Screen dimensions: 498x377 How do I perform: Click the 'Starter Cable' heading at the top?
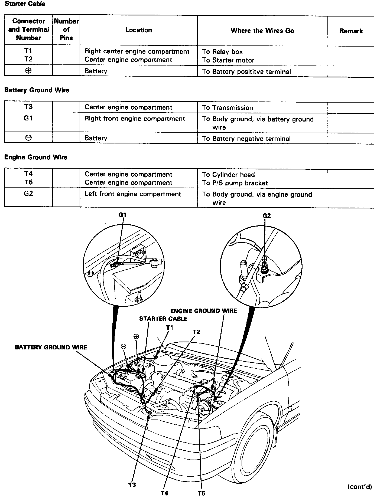[x=25, y=4]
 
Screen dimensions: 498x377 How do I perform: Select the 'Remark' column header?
[x=351, y=31]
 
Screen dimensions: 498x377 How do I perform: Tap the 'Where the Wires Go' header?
[x=262, y=31]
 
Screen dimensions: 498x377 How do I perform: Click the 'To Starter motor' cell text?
[x=228, y=60]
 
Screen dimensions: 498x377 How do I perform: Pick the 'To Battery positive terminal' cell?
[x=246, y=72]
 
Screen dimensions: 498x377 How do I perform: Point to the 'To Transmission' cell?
[x=227, y=108]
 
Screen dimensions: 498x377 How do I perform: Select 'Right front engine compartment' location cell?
[x=135, y=119]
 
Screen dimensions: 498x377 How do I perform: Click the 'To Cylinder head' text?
[x=228, y=175]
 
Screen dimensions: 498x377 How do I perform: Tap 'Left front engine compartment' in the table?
[x=133, y=194]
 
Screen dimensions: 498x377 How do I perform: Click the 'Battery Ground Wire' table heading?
[x=37, y=90]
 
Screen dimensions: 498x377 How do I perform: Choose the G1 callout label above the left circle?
[x=122, y=215]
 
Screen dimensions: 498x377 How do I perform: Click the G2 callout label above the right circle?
[x=266, y=215]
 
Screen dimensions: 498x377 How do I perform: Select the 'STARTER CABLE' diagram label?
[x=163, y=319]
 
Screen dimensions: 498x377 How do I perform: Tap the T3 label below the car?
[x=132, y=485]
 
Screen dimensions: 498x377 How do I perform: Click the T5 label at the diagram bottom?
[x=201, y=493]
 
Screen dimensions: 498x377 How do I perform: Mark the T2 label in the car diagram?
[x=196, y=332]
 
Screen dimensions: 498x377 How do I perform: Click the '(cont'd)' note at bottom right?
[x=360, y=487]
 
